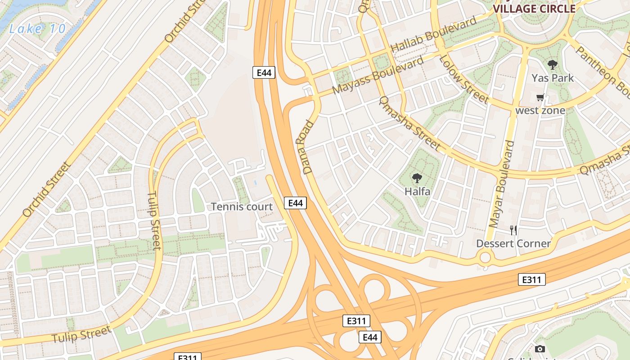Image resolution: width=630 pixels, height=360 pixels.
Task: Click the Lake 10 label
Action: click(x=37, y=29)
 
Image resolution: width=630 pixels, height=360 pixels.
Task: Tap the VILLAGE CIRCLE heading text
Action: click(x=534, y=9)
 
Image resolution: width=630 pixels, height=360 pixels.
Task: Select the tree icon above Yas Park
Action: click(x=553, y=65)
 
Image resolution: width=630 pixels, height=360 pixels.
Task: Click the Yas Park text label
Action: click(x=553, y=78)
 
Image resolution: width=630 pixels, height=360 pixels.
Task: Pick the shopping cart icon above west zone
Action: click(x=540, y=98)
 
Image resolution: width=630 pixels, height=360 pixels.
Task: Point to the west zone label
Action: click(x=540, y=110)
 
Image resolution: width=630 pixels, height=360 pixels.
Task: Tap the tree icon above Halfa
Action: click(x=417, y=179)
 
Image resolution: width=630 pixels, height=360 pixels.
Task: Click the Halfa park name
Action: click(x=417, y=191)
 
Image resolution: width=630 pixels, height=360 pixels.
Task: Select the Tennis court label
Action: click(x=242, y=207)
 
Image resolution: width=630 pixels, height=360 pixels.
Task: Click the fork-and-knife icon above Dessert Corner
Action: click(x=513, y=230)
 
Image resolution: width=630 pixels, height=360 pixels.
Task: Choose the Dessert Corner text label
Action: click(x=513, y=243)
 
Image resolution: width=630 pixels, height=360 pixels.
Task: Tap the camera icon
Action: click(x=540, y=349)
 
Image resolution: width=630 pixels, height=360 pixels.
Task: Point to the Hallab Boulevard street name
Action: click(x=433, y=35)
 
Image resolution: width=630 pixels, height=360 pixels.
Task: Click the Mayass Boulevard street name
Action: click(x=378, y=75)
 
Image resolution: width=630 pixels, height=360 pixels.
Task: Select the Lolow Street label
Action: click(x=463, y=79)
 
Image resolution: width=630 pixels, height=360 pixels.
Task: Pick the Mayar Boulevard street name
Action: click(x=501, y=184)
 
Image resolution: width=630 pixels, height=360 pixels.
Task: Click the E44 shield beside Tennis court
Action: click(x=295, y=203)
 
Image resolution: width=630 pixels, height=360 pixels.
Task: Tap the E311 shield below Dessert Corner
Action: click(x=531, y=279)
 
